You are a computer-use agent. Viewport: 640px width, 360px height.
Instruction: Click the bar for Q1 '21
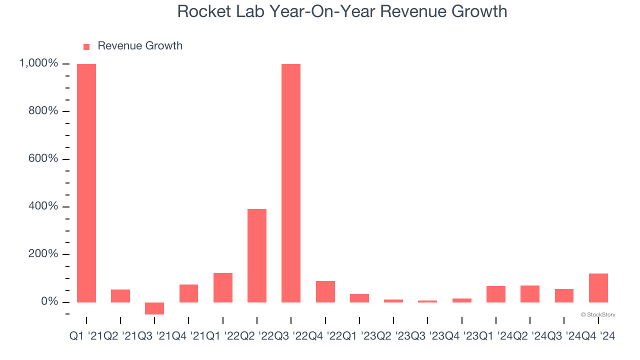86,183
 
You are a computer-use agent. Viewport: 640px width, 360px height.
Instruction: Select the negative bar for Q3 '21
154,308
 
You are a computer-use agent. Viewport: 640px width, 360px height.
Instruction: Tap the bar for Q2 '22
257,255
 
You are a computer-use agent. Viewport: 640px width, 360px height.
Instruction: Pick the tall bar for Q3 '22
291,183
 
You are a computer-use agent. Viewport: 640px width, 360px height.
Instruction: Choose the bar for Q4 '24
598,288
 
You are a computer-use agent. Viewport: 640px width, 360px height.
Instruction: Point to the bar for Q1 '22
223,287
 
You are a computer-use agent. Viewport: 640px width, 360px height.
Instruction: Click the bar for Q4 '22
325,291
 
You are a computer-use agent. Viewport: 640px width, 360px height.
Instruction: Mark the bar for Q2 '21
120,296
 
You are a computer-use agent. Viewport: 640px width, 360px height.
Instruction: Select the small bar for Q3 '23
427,301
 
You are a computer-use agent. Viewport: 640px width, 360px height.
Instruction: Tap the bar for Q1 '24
495,294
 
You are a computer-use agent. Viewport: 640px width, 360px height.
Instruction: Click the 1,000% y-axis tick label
38,63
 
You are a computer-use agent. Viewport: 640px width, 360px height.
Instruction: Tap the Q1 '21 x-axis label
86,337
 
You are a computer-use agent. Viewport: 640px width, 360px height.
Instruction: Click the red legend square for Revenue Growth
86,46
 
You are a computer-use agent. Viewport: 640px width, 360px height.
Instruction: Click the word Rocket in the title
201,11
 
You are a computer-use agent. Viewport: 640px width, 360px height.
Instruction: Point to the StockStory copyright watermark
598,315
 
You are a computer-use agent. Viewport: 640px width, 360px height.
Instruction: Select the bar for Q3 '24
564,295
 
